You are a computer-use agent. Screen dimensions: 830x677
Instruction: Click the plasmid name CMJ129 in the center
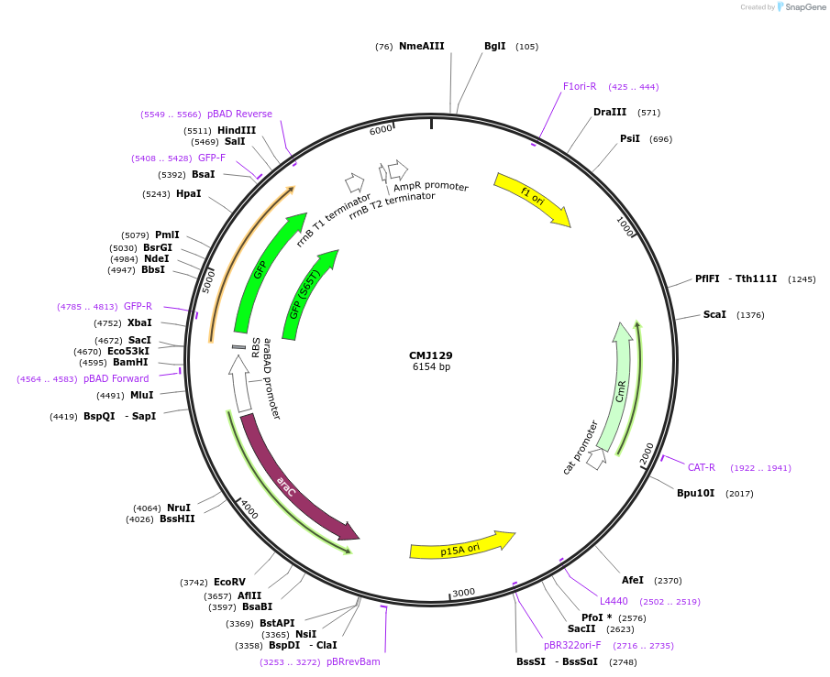click(430, 355)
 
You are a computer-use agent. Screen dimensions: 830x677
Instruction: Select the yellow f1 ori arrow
click(532, 199)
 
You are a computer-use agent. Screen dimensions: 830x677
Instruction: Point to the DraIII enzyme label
click(610, 113)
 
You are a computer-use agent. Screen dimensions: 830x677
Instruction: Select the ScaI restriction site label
click(714, 315)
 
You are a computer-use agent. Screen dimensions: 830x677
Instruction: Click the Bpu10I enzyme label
click(696, 494)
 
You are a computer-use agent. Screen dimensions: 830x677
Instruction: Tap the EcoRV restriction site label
click(229, 582)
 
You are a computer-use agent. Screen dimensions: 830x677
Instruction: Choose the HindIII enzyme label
click(237, 130)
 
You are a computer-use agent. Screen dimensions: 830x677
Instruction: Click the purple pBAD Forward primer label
click(116, 378)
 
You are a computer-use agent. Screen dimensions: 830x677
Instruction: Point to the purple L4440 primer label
click(614, 601)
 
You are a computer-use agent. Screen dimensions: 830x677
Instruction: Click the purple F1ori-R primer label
click(580, 86)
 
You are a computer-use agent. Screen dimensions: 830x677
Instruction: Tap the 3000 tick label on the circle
click(463, 593)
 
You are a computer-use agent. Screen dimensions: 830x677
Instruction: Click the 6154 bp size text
click(431, 367)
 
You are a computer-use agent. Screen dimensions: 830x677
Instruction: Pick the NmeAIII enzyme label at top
click(421, 46)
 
